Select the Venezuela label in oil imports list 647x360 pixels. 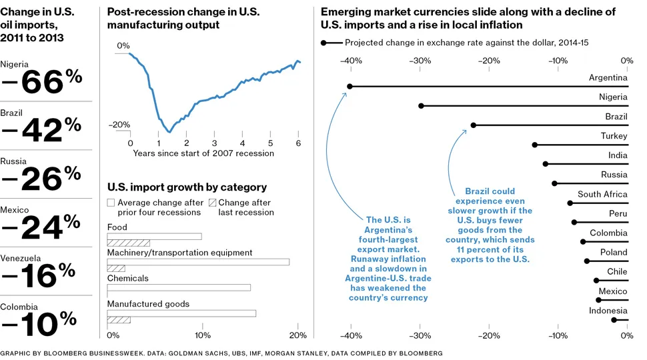click(x=21, y=258)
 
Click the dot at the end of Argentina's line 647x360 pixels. click(x=350, y=86)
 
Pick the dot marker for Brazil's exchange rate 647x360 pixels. click(x=474, y=125)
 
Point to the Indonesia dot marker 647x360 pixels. click(x=614, y=320)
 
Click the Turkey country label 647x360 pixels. click(x=614, y=136)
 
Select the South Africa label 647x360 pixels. click(x=602, y=195)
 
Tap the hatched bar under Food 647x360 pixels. click(x=129, y=243)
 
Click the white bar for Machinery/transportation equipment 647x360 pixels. click(x=198, y=262)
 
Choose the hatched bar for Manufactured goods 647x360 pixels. click(x=119, y=319)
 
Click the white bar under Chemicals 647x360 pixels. click(x=179, y=287)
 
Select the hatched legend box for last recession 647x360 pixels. click(x=213, y=202)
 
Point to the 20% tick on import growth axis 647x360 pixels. click(x=297, y=335)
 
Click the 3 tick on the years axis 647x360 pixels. click(x=214, y=143)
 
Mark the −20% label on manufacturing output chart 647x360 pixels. click(x=119, y=125)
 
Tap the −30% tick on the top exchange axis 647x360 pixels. click(x=420, y=61)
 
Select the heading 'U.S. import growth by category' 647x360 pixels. click(x=187, y=187)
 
